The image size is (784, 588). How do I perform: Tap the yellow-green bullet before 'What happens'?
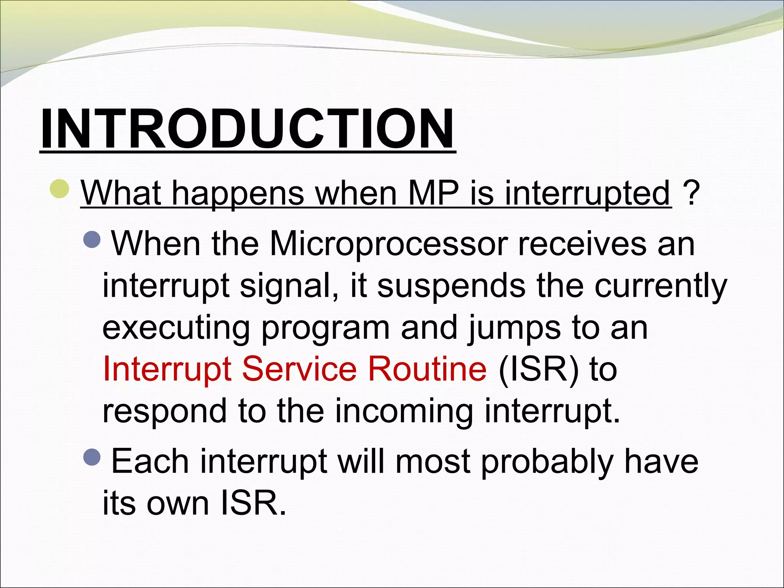coord(60,188)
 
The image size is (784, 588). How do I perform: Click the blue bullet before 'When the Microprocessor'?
coord(92,239)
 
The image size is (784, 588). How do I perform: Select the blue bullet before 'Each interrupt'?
coord(92,456)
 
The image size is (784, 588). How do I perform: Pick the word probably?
coord(547,462)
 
